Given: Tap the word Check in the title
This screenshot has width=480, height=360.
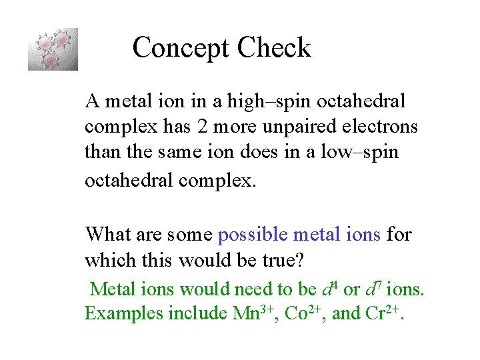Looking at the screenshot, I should tap(274, 48).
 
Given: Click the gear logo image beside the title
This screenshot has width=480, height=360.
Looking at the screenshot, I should tap(53, 49).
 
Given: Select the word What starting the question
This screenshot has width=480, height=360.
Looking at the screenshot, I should tap(109, 234).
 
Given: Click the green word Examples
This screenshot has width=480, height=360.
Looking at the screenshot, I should tap(124, 313).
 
